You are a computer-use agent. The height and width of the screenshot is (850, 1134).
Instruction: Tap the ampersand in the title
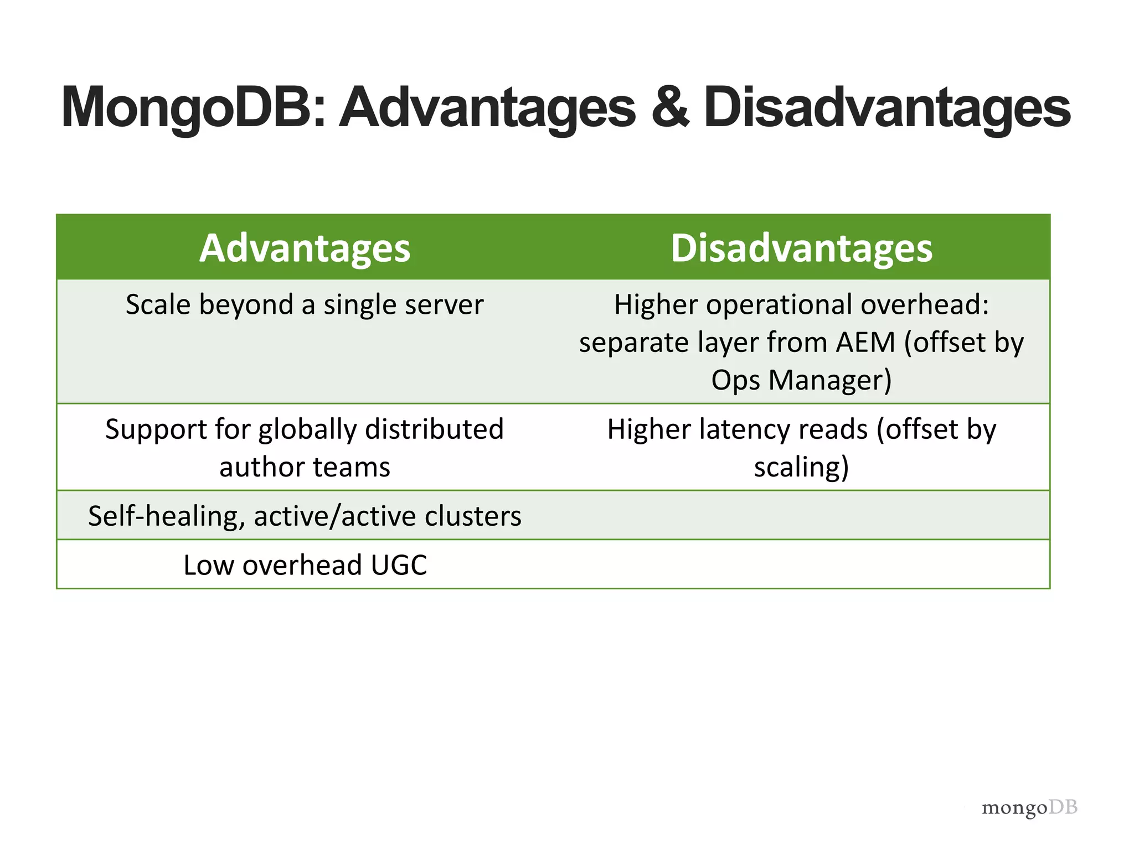pyautogui.click(x=669, y=108)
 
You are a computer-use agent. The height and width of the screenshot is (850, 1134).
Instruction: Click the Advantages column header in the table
pyautogui.click(x=305, y=248)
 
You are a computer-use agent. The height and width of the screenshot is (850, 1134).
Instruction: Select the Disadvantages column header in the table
pyautogui.click(x=801, y=248)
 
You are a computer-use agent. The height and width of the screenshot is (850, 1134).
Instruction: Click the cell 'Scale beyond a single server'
pyautogui.click(x=305, y=305)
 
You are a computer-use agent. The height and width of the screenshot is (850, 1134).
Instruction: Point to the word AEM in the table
pyautogui.click(x=865, y=342)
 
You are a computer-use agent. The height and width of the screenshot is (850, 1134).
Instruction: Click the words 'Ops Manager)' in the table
pyautogui.click(x=801, y=380)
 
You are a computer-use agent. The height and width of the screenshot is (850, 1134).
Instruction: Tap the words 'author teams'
pyautogui.click(x=305, y=467)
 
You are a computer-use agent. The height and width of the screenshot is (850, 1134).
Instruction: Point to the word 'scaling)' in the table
pyautogui.click(x=801, y=467)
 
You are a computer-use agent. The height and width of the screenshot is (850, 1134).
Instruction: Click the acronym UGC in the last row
pyautogui.click(x=399, y=565)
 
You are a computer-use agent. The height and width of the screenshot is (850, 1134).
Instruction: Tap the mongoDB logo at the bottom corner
pyautogui.click(x=1029, y=807)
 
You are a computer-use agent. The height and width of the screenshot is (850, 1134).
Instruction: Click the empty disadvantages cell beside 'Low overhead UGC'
pyautogui.click(x=801, y=564)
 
